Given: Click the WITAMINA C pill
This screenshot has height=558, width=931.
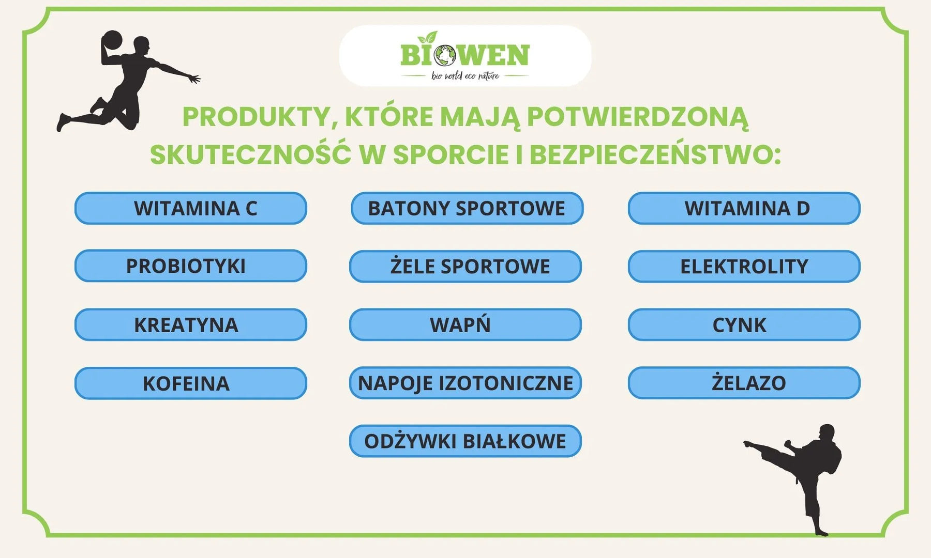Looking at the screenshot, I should tap(191, 208).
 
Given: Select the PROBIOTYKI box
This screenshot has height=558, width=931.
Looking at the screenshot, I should tap(191, 266).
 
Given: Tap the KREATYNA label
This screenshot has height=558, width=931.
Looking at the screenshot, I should tap(191, 324).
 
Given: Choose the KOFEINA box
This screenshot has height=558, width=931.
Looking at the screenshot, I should tap(191, 383).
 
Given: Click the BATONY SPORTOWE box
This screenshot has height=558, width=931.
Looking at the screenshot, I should tap(467, 208).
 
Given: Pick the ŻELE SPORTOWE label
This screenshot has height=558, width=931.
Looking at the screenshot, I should tap(465, 267).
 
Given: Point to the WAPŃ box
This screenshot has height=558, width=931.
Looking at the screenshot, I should tap(465, 324).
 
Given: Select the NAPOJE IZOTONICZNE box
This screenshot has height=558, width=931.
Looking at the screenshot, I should tap(465, 383).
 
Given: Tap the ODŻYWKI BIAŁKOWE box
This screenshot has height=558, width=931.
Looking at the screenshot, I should tap(465, 441).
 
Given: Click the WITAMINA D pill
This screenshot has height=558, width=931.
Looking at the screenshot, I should tap(744, 208).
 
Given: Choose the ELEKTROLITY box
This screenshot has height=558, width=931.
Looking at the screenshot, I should tap(744, 267).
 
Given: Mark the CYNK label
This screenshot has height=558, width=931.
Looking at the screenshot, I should tap(744, 324).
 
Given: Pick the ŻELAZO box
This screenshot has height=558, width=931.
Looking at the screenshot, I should tap(744, 383).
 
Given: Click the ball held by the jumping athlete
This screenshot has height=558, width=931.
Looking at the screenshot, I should tap(112, 40).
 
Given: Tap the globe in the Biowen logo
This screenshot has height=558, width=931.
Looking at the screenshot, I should tap(445, 55).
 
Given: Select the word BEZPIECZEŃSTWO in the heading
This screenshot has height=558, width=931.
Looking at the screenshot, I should tap(654, 154).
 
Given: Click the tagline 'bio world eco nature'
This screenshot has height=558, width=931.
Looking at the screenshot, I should tap(465, 76).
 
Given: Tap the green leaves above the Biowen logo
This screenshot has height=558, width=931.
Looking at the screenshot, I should tap(428, 37).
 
